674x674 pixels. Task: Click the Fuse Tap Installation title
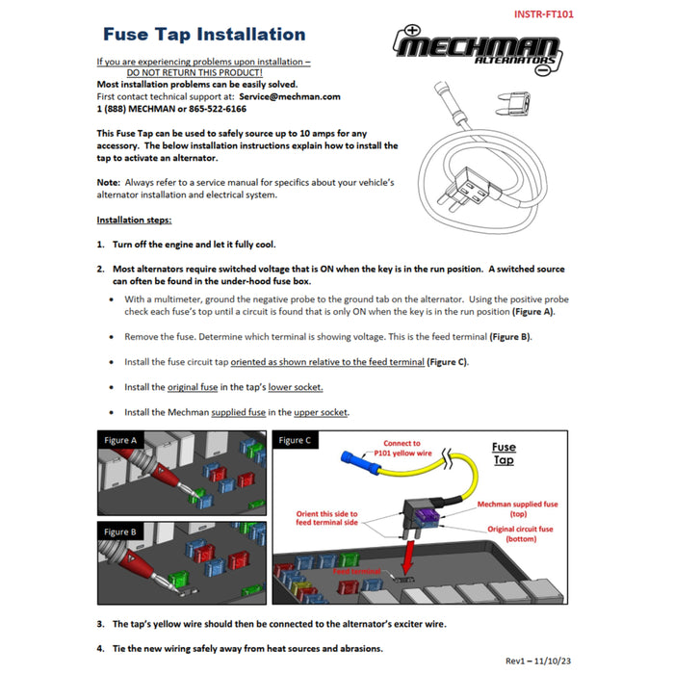[203, 36]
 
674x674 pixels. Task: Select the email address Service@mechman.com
[290, 96]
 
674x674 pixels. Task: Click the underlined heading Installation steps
[134, 220]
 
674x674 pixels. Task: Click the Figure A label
[121, 440]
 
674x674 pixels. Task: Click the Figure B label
[121, 531]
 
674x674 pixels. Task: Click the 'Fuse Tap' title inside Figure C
[504, 454]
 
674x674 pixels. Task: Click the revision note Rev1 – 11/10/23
[538, 661]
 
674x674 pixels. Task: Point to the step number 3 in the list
[101, 624]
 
